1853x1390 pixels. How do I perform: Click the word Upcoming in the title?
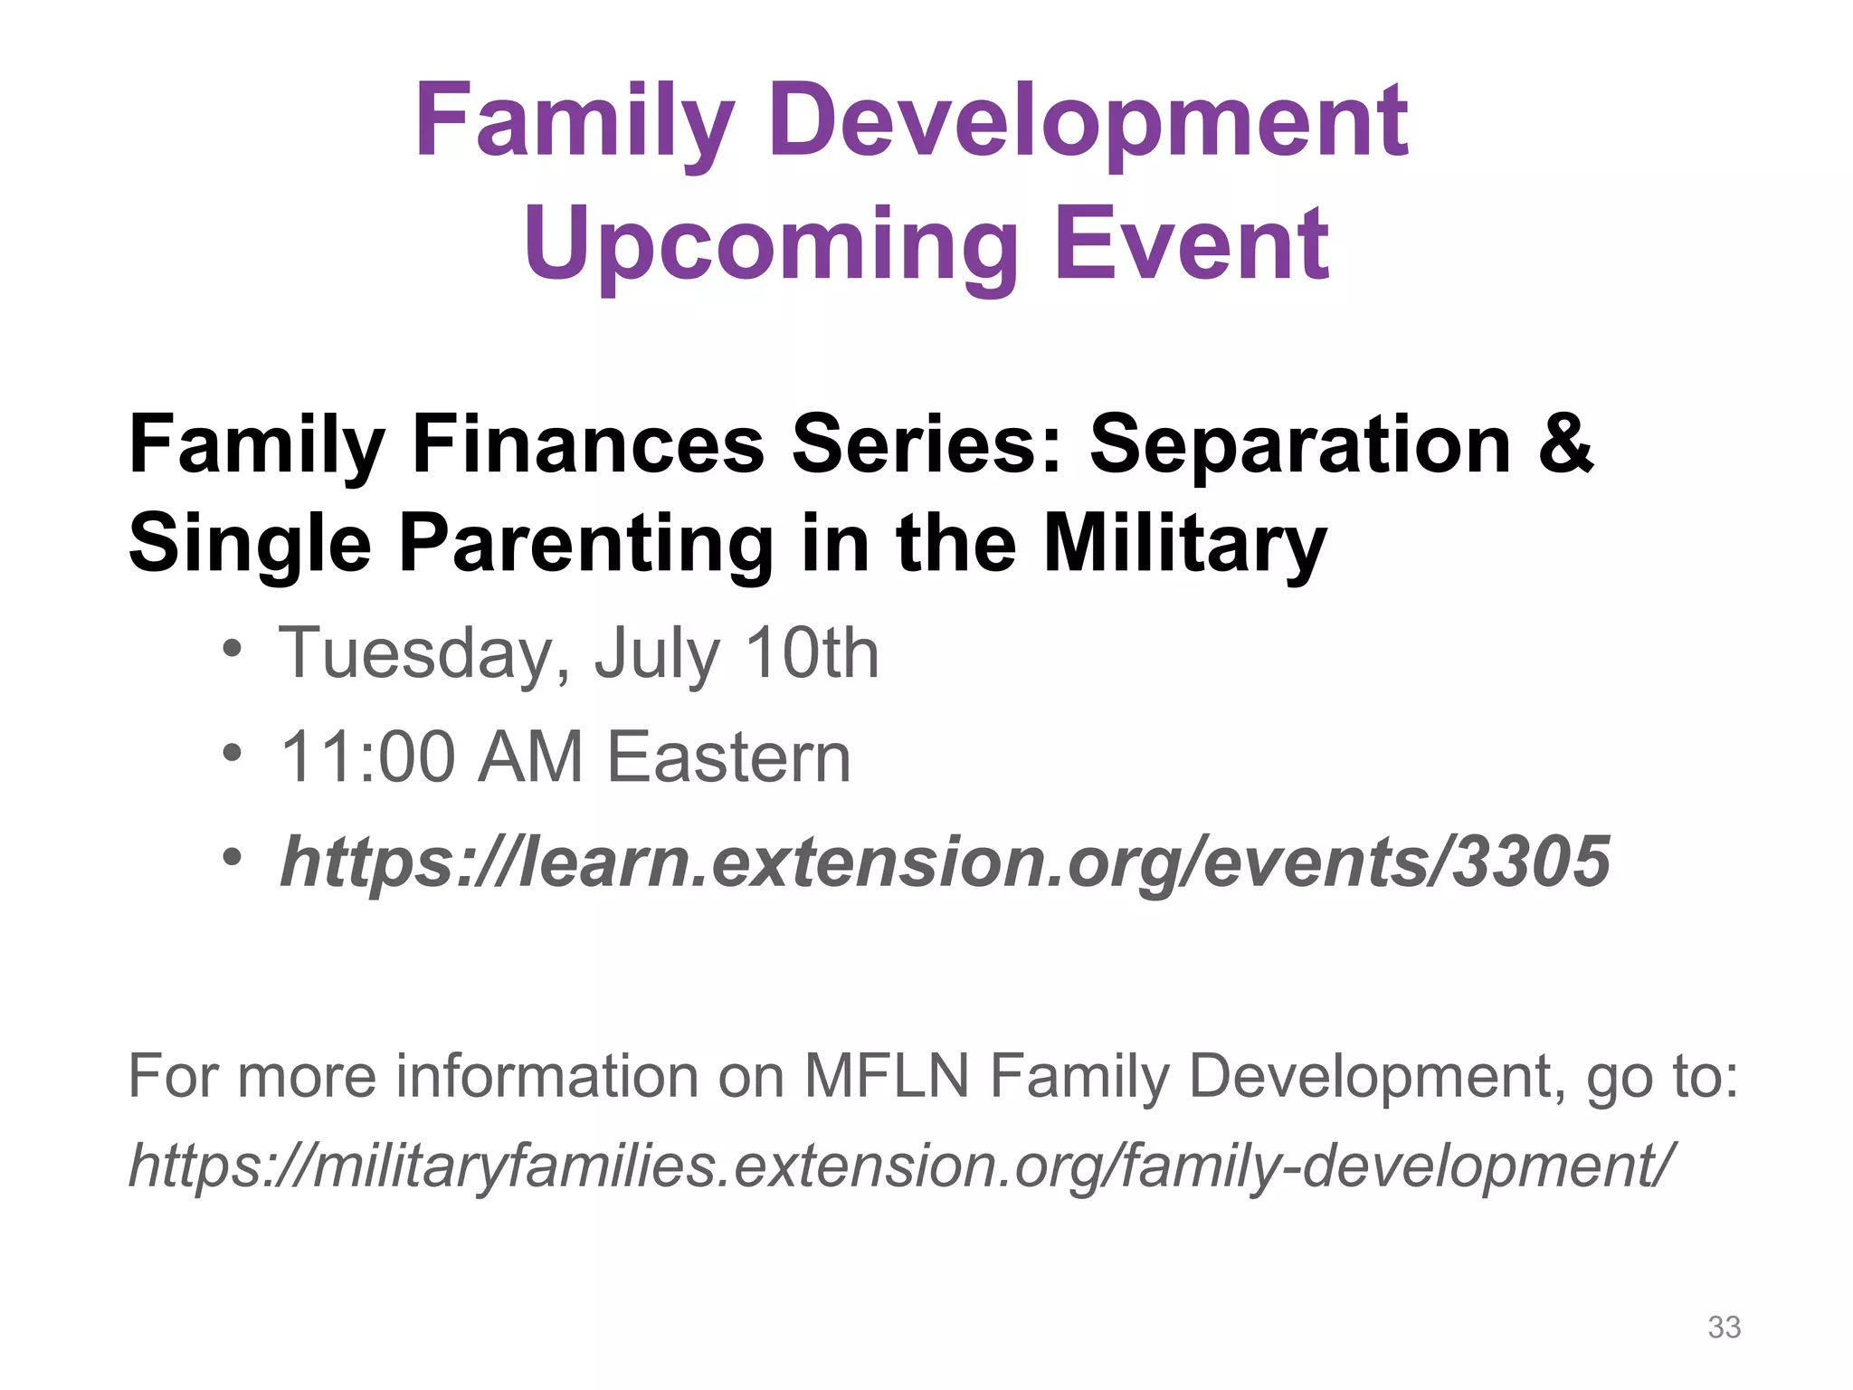[x=769, y=244]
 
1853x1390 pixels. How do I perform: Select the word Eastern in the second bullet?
[x=728, y=757]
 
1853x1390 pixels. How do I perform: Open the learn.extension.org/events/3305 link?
[x=945, y=862]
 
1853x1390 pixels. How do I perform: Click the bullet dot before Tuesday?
[x=233, y=649]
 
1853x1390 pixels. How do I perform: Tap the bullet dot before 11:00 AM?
[x=233, y=752]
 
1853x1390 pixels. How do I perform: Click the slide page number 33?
[x=1724, y=1327]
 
